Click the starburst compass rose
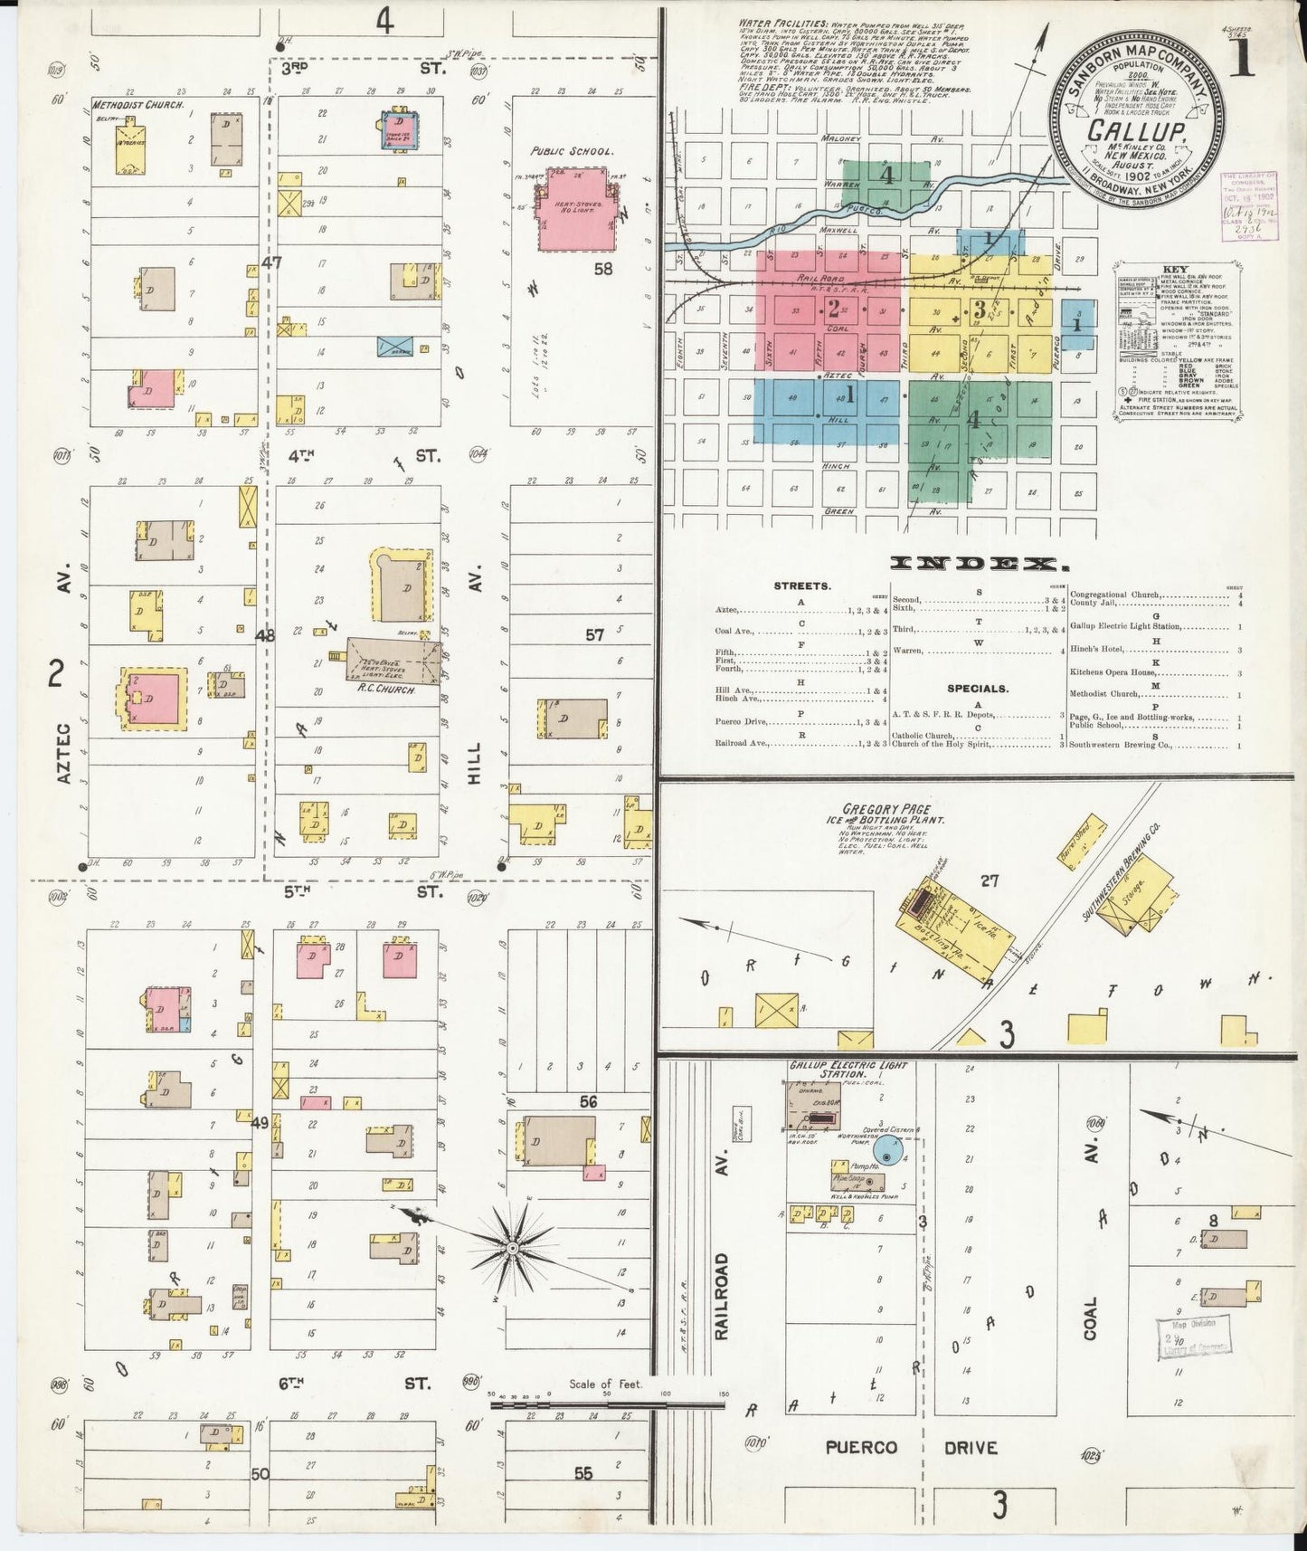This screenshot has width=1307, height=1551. tap(513, 1249)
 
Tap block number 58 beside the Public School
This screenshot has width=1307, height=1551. tap(603, 269)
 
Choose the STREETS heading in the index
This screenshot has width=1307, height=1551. tap(803, 586)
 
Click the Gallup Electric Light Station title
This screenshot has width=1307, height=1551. tap(847, 1069)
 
